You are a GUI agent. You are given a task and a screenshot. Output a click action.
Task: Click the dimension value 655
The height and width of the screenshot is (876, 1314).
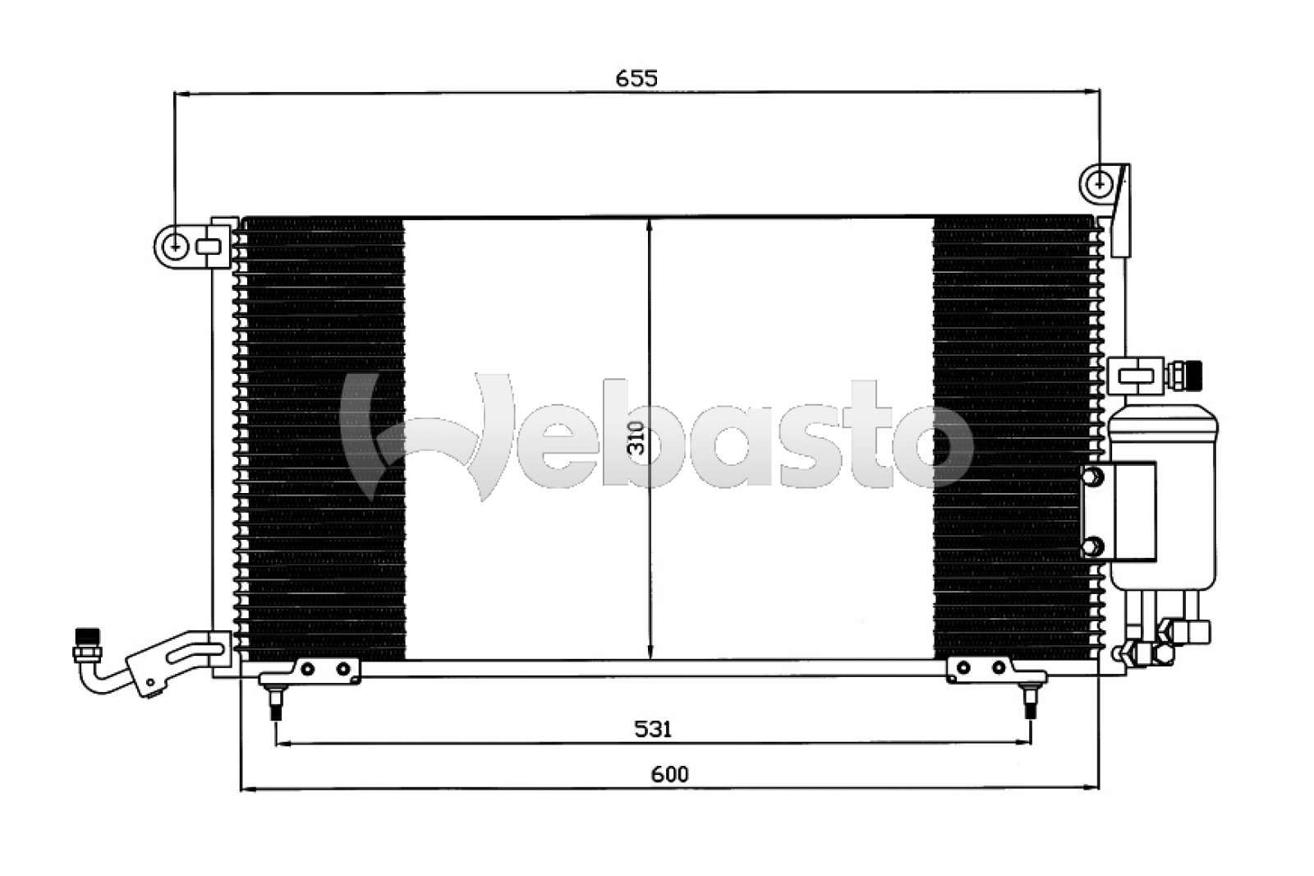coord(636,78)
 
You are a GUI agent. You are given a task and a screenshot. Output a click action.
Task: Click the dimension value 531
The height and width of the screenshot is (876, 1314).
coord(653,728)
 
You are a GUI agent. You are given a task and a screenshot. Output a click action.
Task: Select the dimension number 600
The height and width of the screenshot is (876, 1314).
coord(670,773)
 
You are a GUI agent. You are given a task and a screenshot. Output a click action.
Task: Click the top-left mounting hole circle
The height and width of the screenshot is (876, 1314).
coord(175,245)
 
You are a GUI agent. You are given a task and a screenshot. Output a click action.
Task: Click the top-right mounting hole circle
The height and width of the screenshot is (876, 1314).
coord(1100,184)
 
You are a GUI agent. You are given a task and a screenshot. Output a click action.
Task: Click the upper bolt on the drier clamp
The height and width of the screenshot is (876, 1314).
coord(1093,477)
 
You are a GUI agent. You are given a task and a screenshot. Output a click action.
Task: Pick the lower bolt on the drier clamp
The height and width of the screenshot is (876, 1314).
coord(1093,546)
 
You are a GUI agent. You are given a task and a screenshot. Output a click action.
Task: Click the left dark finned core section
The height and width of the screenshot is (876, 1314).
coord(324,439)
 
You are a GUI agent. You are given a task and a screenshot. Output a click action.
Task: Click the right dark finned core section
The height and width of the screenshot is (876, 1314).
coord(1014,439)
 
